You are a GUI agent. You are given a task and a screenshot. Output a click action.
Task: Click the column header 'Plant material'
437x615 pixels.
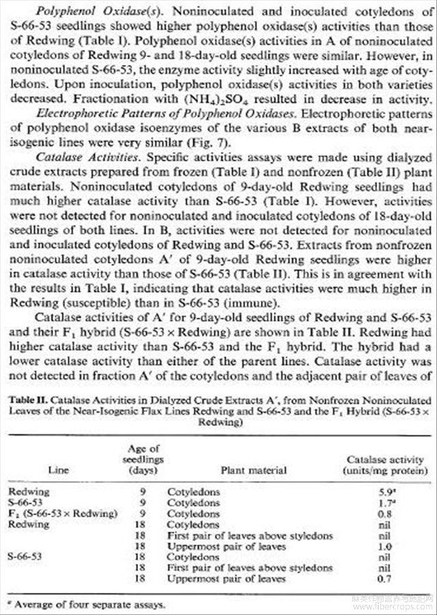coord(254,470)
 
